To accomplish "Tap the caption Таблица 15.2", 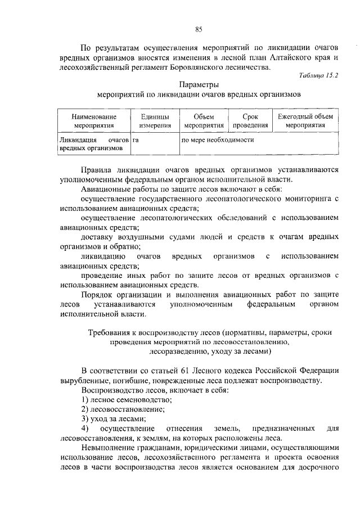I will tap(319, 74).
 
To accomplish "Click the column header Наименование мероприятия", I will tap(93, 121).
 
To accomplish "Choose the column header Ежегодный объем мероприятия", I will tap(305, 121).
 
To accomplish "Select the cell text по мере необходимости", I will tap(215, 139).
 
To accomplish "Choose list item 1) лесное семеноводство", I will tap(127, 399).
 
